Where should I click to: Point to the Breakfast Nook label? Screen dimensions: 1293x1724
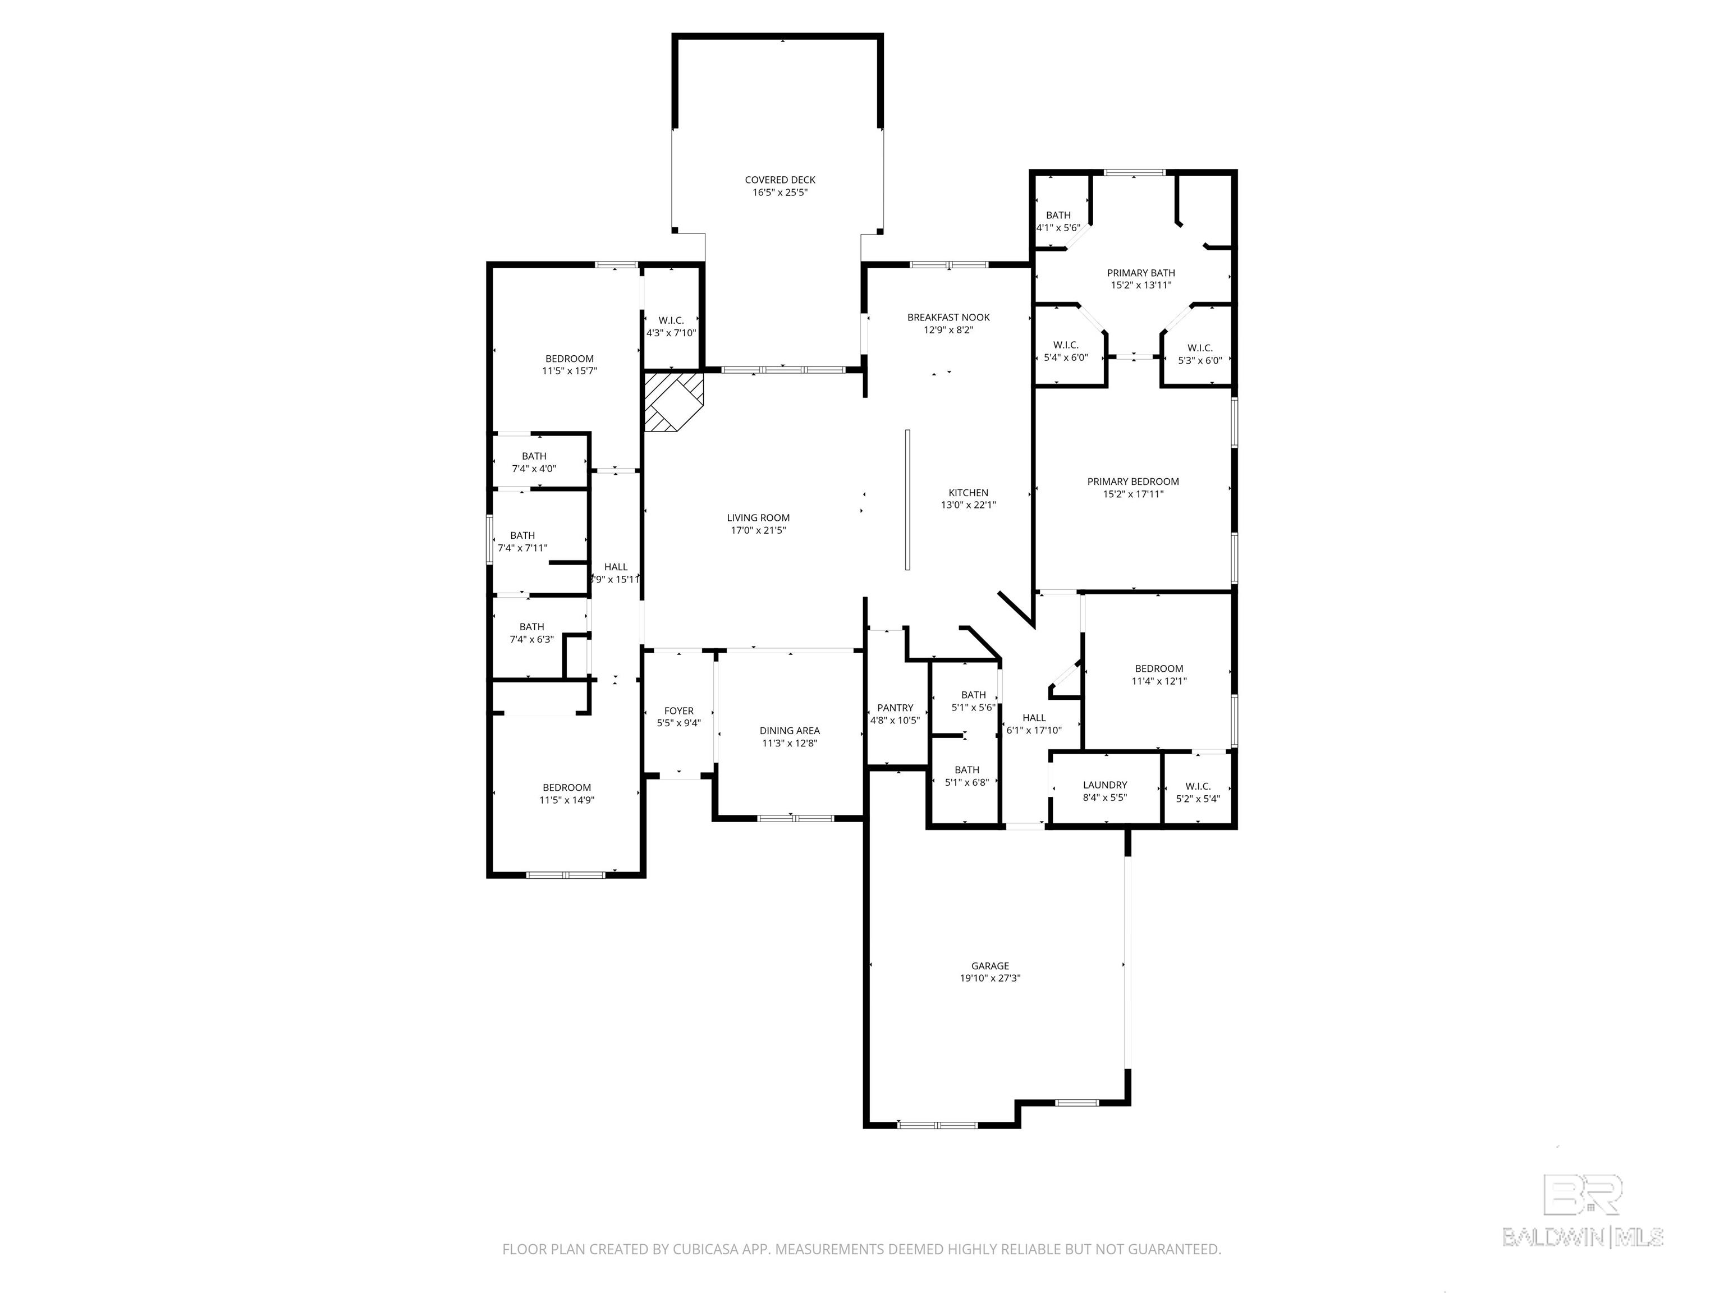pyautogui.click(x=948, y=317)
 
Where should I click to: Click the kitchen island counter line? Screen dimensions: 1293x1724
pyautogui.click(x=907, y=499)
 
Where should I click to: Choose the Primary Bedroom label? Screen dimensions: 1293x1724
pyautogui.click(x=1132, y=482)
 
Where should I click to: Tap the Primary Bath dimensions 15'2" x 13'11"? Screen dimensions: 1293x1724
pyautogui.click(x=1140, y=285)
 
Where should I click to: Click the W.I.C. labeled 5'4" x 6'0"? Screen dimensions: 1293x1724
pyautogui.click(x=1065, y=351)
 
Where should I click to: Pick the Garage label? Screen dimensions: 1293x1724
pyautogui.click(x=990, y=966)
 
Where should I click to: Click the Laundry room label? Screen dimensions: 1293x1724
pyautogui.click(x=1104, y=785)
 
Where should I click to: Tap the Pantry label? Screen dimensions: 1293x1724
pyautogui.click(x=895, y=708)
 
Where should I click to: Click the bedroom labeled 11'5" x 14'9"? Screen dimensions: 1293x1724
pyautogui.click(x=567, y=794)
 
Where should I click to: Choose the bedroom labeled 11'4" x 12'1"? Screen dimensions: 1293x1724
pyautogui.click(x=1158, y=674)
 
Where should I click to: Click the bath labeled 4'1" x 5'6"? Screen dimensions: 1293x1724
pyautogui.click(x=1058, y=221)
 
